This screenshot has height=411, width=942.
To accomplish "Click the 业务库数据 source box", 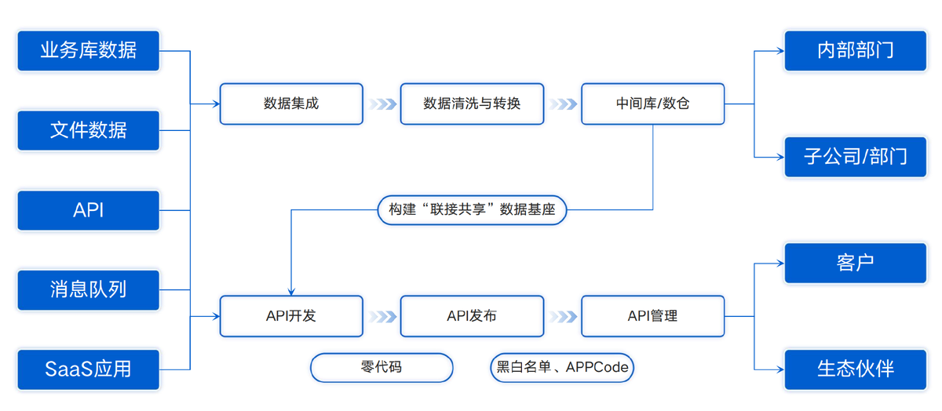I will [89, 51].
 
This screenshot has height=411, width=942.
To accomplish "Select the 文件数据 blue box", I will [89, 130].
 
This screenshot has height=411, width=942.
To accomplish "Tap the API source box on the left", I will [89, 210].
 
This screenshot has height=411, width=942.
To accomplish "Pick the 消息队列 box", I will [89, 290].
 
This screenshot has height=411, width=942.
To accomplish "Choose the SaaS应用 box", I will [89, 369].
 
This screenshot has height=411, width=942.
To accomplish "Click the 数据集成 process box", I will [291, 104].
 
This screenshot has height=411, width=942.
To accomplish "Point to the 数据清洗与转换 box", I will [472, 104].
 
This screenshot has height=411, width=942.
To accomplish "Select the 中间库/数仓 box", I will [652, 104].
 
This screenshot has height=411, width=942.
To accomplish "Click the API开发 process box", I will [291, 316].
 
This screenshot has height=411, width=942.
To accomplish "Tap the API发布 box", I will [472, 316].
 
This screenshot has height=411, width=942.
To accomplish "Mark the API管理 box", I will [652, 316].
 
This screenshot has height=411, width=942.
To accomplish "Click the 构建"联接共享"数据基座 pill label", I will [472, 210].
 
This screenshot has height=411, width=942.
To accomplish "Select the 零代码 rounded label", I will [382, 367].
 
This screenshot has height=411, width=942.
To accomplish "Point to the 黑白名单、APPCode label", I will [562, 367].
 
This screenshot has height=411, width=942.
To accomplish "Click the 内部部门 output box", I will [855, 51].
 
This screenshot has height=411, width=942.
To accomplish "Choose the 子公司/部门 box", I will [855, 157].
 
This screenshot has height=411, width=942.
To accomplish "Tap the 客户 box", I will [855, 263].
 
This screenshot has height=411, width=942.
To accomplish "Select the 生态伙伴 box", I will [855, 369].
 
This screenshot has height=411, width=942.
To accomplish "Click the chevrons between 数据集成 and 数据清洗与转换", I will [382, 104].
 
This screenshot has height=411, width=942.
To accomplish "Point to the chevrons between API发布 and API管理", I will [563, 316].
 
